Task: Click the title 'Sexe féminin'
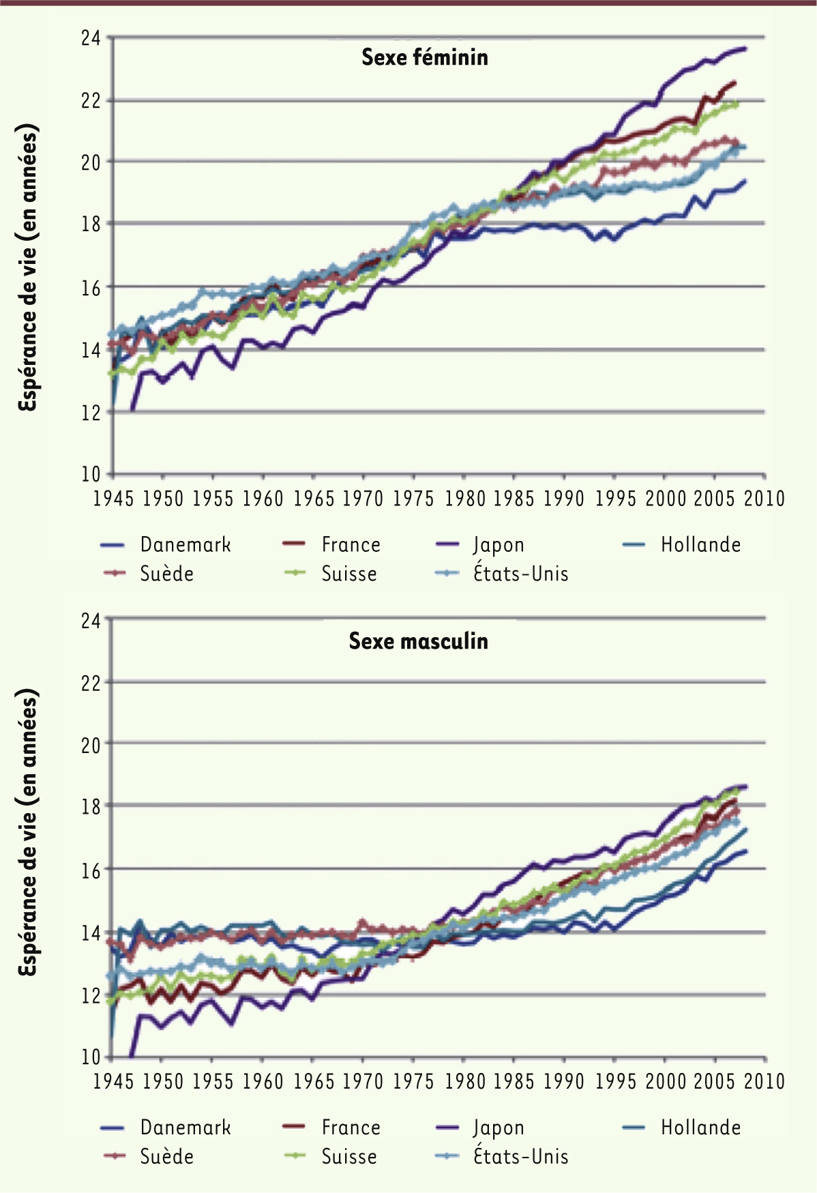pyautogui.click(x=424, y=57)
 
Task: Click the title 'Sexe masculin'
pyautogui.click(x=418, y=641)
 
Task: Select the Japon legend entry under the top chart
pyautogui.click(x=499, y=545)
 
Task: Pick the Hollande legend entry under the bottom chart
pyautogui.click(x=700, y=1128)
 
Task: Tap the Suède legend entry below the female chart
pyautogui.click(x=166, y=574)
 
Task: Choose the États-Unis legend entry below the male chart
pyautogui.click(x=520, y=1157)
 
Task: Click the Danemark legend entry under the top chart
pyautogui.click(x=185, y=545)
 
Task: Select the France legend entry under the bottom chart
pyautogui.click(x=351, y=1128)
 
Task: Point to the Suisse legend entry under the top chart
pyautogui.click(x=348, y=574)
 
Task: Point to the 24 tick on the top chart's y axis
pyautogui.click(x=91, y=38)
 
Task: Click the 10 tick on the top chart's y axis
pyautogui.click(x=91, y=474)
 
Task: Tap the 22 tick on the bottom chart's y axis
pyautogui.click(x=91, y=683)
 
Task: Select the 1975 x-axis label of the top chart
pyautogui.click(x=413, y=499)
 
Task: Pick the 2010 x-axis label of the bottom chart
pyautogui.click(x=764, y=1082)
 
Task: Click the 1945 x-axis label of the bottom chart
pyautogui.click(x=113, y=1082)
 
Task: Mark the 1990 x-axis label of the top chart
pyautogui.click(x=563, y=499)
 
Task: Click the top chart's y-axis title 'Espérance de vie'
pyautogui.click(x=28, y=267)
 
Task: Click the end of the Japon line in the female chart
pyautogui.click(x=745, y=49)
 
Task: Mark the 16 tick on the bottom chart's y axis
pyautogui.click(x=91, y=870)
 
